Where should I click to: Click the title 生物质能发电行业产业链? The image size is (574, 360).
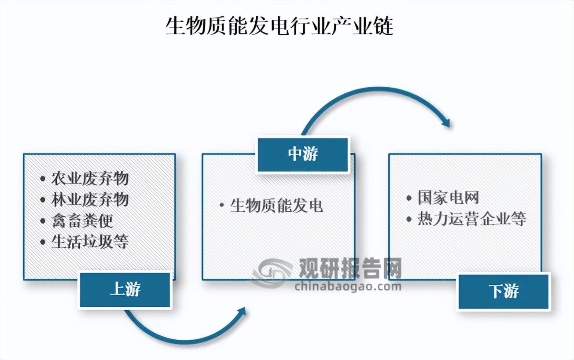click(x=280, y=27)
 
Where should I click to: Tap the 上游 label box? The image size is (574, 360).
click(x=125, y=290)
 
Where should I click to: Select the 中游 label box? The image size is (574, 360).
click(x=303, y=154)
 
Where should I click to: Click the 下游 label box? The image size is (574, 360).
click(x=504, y=291)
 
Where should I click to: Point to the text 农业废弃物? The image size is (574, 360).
click(x=90, y=179)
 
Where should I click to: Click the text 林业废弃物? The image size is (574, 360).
click(x=90, y=199)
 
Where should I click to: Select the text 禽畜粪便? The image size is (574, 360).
click(x=82, y=220)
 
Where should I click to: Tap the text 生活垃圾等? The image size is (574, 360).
click(x=90, y=242)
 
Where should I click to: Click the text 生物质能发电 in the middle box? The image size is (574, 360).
click(x=276, y=205)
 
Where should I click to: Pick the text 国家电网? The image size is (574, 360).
click(x=448, y=198)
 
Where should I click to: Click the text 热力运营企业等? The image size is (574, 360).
click(x=472, y=219)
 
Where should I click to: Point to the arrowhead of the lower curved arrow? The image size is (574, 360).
click(x=242, y=312)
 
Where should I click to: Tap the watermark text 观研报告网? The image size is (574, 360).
click(x=350, y=268)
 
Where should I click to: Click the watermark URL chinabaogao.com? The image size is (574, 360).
click(x=348, y=287)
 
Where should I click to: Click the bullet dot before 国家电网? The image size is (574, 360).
click(x=409, y=198)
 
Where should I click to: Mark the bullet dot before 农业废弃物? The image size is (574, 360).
click(x=42, y=179)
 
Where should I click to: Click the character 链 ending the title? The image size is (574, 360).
click(x=382, y=27)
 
